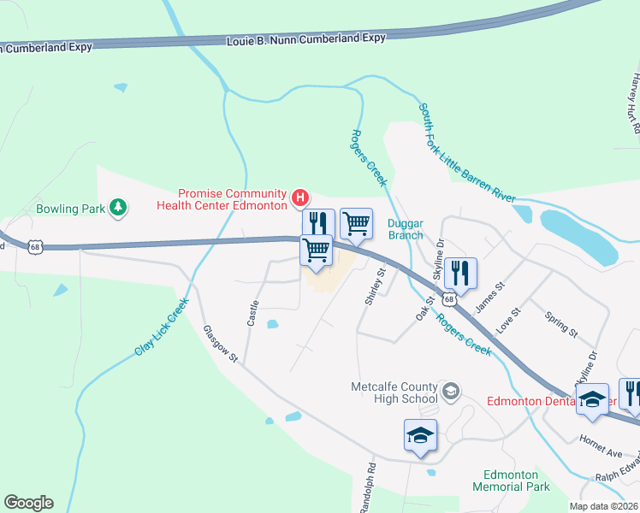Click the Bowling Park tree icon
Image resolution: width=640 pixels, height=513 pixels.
point(119,207)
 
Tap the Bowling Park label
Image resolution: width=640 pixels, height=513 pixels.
point(70,208)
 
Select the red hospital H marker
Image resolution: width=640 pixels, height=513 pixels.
point(299,199)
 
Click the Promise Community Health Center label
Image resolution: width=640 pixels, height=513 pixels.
point(232,199)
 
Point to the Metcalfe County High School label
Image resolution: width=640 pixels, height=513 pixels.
point(394,392)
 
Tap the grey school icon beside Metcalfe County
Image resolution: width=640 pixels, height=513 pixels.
point(451,392)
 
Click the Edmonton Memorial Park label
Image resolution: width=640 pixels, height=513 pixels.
point(511,481)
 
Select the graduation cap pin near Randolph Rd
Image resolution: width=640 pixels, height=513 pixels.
point(421,435)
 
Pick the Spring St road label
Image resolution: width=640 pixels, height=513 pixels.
point(562,322)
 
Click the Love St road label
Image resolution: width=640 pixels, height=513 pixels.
point(508,321)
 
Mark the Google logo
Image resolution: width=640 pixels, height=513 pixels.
point(28,503)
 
